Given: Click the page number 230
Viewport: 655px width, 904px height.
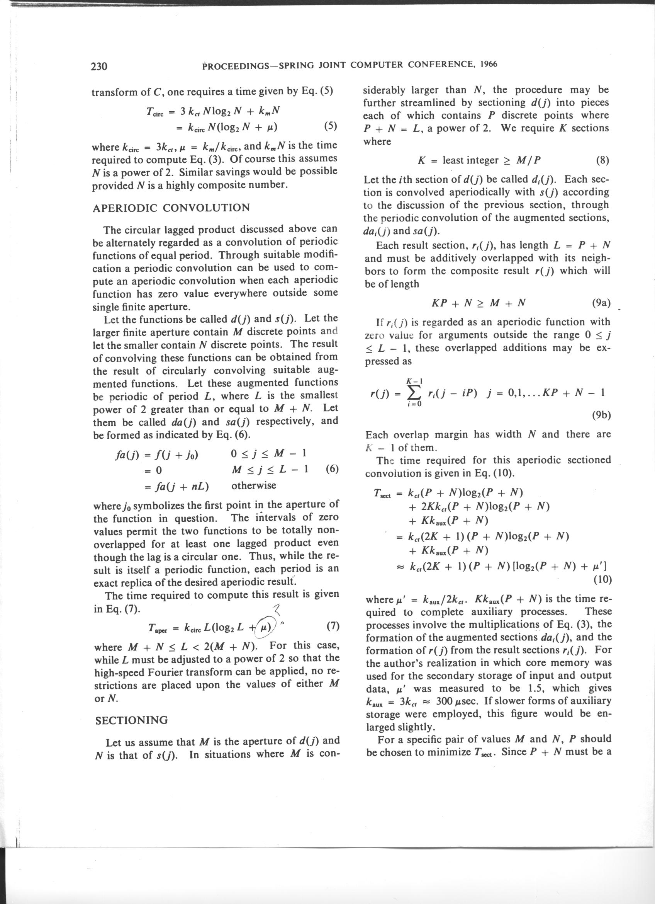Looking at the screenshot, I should pos(99,66).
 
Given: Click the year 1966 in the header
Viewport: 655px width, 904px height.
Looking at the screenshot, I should pos(489,64).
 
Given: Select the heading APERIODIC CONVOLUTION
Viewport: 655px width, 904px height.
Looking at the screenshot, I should pos(171,208).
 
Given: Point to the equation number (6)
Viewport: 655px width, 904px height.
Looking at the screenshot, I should pos(332,469).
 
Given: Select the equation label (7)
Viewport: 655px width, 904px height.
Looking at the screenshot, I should pos(332,626).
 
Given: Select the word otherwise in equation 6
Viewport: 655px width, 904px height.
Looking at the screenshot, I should pos(253,485).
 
